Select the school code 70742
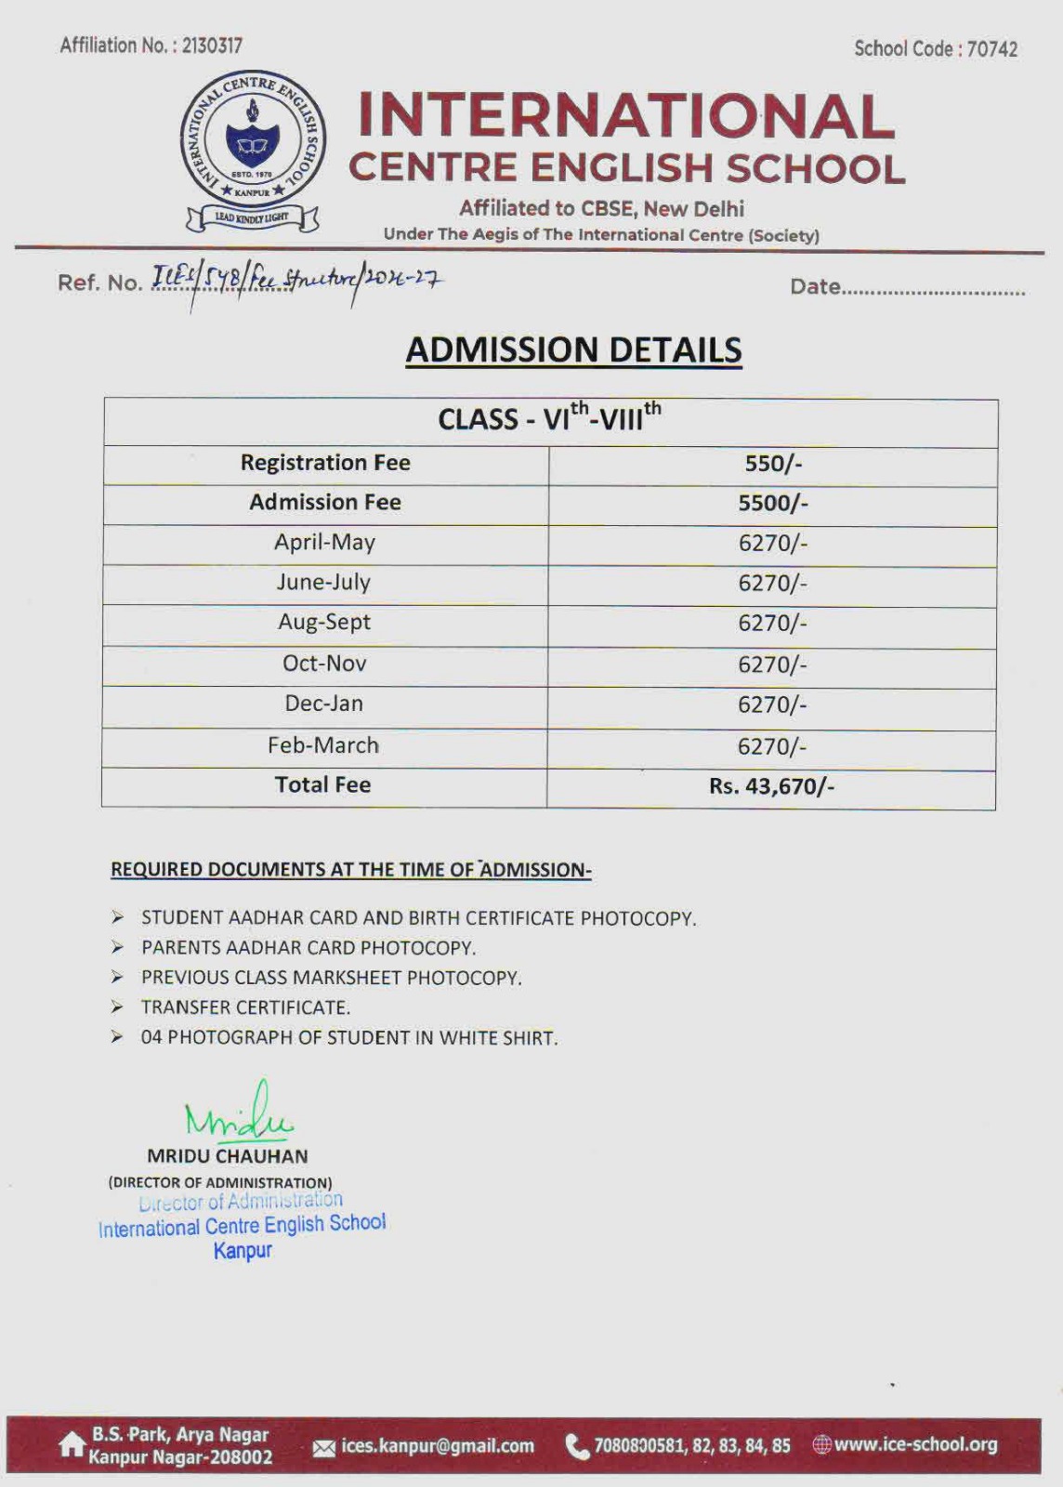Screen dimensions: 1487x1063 point(991,49)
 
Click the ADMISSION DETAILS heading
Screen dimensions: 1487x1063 point(573,350)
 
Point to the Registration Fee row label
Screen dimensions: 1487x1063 point(325,463)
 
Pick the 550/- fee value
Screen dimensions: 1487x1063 point(772,464)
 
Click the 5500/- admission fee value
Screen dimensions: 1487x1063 point(772,503)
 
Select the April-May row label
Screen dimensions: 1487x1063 point(324,543)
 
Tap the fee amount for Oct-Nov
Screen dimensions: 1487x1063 point(772,665)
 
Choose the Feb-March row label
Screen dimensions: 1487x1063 point(323,745)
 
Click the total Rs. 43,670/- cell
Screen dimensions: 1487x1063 point(771,786)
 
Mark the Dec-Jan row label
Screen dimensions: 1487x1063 point(323,704)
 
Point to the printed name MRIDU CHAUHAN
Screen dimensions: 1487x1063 point(228,1156)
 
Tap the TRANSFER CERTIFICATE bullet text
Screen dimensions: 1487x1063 point(245,1007)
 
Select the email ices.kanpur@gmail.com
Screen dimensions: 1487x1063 point(438,1446)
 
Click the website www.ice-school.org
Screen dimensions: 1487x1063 point(915,1444)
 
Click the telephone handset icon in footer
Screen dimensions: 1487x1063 point(577,1446)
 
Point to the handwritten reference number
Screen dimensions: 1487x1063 point(297,279)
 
